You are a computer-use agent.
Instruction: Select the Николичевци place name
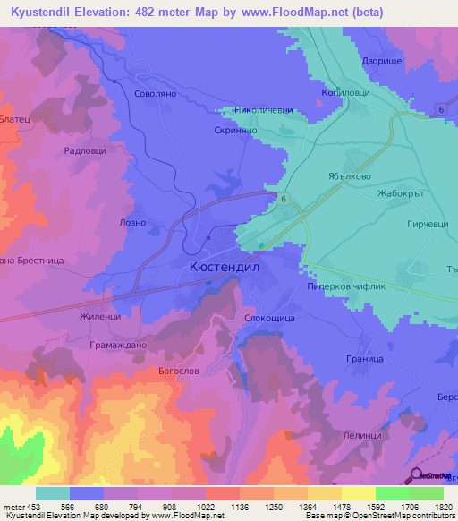coord(262,110)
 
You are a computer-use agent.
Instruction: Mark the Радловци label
coord(85,151)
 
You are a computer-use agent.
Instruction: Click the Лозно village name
coord(120,220)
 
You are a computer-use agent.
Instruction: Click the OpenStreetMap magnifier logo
coord(414,475)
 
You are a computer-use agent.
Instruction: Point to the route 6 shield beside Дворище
coord(441,108)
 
